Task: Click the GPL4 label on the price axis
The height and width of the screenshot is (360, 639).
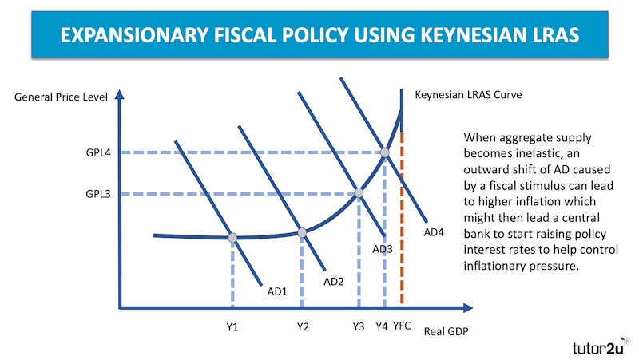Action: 98,152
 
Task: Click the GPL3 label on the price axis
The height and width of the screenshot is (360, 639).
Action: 98,193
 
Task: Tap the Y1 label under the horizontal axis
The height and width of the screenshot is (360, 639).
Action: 232,326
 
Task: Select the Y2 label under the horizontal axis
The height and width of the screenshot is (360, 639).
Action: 302,326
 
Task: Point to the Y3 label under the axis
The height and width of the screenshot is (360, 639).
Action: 359,326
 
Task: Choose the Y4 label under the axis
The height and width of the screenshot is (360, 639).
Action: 382,326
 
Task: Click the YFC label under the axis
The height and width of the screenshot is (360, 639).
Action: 402,326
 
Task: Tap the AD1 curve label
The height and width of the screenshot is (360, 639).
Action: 277,291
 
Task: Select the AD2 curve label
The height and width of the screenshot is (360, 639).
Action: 333,281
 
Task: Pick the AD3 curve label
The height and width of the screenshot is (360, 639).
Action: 383,250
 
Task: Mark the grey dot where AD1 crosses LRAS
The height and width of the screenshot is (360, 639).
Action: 232,237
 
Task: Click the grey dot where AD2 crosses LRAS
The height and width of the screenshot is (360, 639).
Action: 302,232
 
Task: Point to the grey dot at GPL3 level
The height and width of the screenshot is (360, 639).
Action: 359,193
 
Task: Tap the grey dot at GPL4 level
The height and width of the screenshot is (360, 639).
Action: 384,152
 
